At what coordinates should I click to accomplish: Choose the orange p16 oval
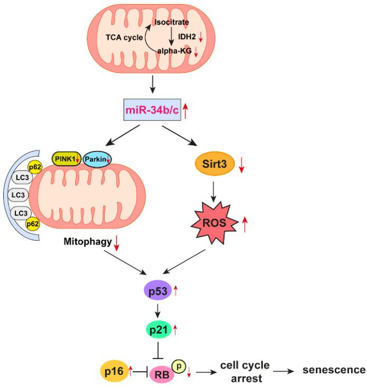coord(112,372)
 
